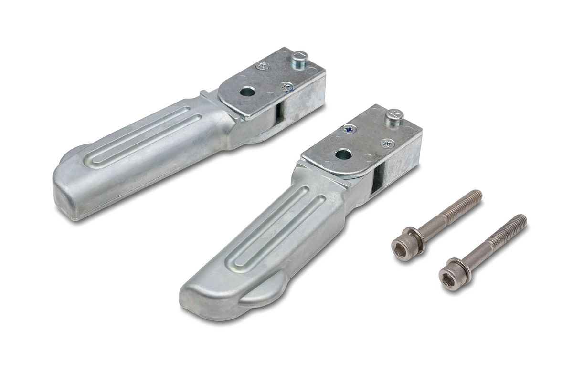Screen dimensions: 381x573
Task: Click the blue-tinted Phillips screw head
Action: click(x=349, y=129)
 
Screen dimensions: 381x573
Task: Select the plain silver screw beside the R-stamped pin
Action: click(x=387, y=143)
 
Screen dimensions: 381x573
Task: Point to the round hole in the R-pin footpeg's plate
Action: click(x=343, y=154)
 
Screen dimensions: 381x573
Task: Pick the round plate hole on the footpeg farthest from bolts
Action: click(x=246, y=92)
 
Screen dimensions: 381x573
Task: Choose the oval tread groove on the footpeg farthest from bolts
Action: click(x=143, y=138)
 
